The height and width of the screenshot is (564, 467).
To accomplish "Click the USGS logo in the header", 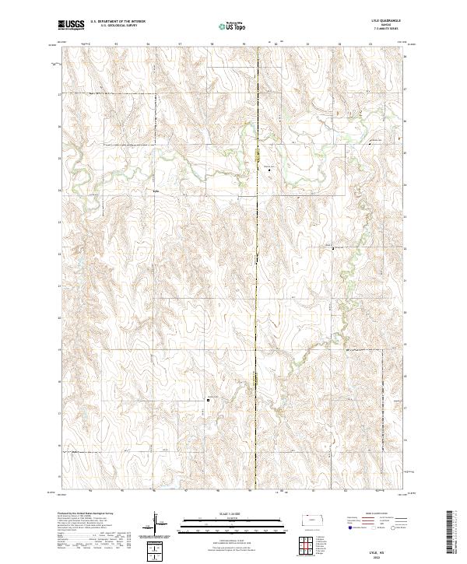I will [72, 26].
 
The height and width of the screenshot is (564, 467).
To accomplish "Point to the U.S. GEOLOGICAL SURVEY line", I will [114, 26].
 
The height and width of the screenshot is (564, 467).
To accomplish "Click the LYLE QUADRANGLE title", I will [390, 22].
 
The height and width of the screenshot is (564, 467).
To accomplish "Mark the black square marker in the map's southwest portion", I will [208, 401].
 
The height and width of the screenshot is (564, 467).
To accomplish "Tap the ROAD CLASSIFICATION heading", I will [377, 514].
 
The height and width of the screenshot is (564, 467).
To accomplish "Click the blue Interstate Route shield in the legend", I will [349, 527].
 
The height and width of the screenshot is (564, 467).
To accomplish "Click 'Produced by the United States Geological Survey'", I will [85, 514].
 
